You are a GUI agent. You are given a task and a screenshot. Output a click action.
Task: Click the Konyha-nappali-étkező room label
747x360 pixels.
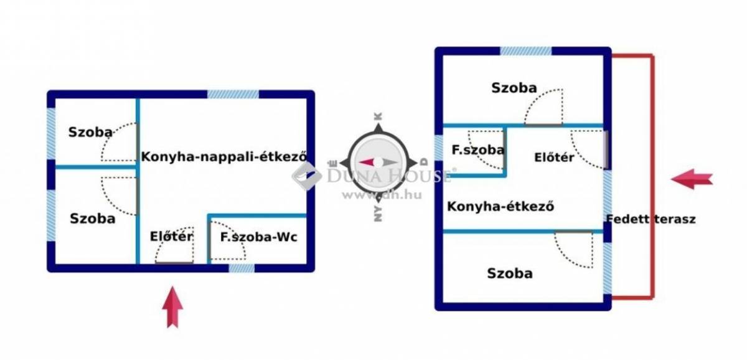point(224,157)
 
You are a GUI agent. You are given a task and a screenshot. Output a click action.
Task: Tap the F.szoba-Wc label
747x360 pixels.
point(259,237)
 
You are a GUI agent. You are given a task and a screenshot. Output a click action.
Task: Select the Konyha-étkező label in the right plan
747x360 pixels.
point(500,206)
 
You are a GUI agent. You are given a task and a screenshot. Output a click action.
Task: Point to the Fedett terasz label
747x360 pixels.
point(651,219)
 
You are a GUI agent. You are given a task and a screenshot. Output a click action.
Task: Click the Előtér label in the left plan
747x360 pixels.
point(171,236)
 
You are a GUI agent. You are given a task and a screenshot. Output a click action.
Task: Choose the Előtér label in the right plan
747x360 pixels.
point(554,157)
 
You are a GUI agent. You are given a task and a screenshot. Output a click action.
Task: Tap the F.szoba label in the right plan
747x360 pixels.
point(478,150)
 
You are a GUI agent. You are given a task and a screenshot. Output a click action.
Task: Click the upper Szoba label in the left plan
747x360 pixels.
point(90,132)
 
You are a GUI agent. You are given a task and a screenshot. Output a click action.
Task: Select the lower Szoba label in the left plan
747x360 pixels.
point(93,219)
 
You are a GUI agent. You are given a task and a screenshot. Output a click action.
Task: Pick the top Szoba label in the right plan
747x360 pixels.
point(514,88)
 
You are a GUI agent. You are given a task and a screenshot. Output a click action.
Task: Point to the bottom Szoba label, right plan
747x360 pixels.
point(510,273)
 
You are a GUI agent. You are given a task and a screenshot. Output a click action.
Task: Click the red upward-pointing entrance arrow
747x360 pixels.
point(173,307)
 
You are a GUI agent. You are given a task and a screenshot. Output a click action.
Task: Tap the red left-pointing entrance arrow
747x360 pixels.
point(692,179)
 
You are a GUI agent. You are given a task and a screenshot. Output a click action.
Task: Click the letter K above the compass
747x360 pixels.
point(378,116)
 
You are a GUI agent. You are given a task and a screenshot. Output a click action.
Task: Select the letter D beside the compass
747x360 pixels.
point(424,162)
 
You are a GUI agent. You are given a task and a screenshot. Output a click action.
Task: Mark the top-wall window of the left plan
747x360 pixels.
point(233,94)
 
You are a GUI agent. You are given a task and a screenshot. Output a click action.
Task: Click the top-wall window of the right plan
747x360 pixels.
point(525,51)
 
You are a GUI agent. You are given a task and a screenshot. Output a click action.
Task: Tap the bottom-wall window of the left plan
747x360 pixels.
point(242,268)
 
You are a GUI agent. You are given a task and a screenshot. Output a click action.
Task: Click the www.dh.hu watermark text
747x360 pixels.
point(382,195)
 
